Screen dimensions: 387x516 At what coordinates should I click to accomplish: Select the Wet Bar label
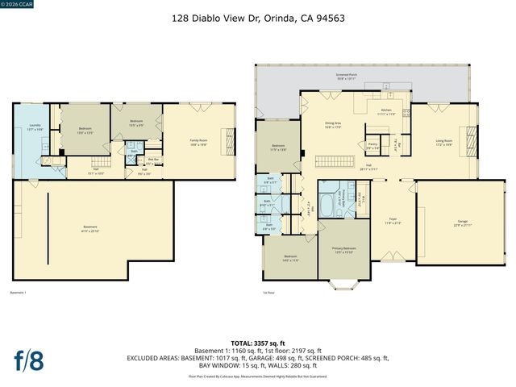(x=150, y=160)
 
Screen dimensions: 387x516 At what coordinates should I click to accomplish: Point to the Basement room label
(x=90, y=228)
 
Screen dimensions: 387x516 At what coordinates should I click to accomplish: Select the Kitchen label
(x=386, y=111)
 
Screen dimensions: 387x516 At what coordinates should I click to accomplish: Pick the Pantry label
(x=372, y=147)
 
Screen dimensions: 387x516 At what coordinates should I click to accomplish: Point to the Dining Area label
(x=334, y=125)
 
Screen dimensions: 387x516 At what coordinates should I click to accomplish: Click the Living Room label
(x=444, y=143)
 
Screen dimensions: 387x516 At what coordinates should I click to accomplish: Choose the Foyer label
(x=393, y=218)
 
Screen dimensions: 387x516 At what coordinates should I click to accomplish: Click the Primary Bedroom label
(x=345, y=251)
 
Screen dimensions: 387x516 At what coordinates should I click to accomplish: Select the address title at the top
(x=258, y=16)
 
